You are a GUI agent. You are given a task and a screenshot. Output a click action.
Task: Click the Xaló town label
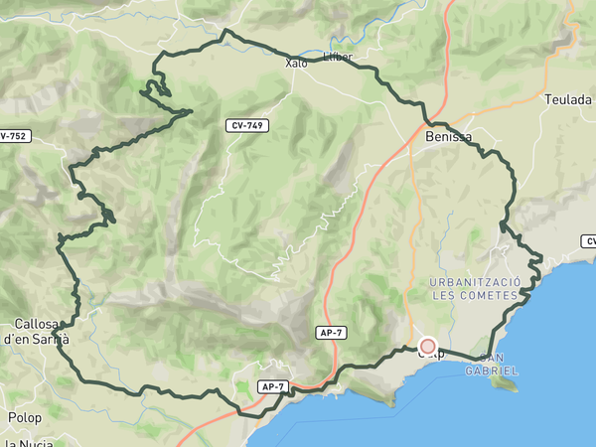296,63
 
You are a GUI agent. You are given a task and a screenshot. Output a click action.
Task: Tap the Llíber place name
338,57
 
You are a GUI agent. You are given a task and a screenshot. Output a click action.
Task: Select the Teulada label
568,99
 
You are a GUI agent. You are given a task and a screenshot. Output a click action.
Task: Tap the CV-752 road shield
12,135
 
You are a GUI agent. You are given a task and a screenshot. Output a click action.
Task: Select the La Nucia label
28,442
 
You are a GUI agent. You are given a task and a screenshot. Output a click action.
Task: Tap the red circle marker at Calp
428,346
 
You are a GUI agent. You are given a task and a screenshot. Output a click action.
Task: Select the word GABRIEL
492,371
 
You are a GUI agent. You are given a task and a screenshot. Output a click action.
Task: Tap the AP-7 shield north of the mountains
332,333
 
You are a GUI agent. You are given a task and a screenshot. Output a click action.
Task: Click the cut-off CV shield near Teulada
589,241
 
